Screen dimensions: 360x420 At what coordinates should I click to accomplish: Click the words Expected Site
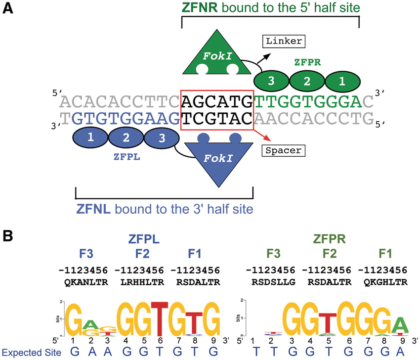(x=31, y=352)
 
